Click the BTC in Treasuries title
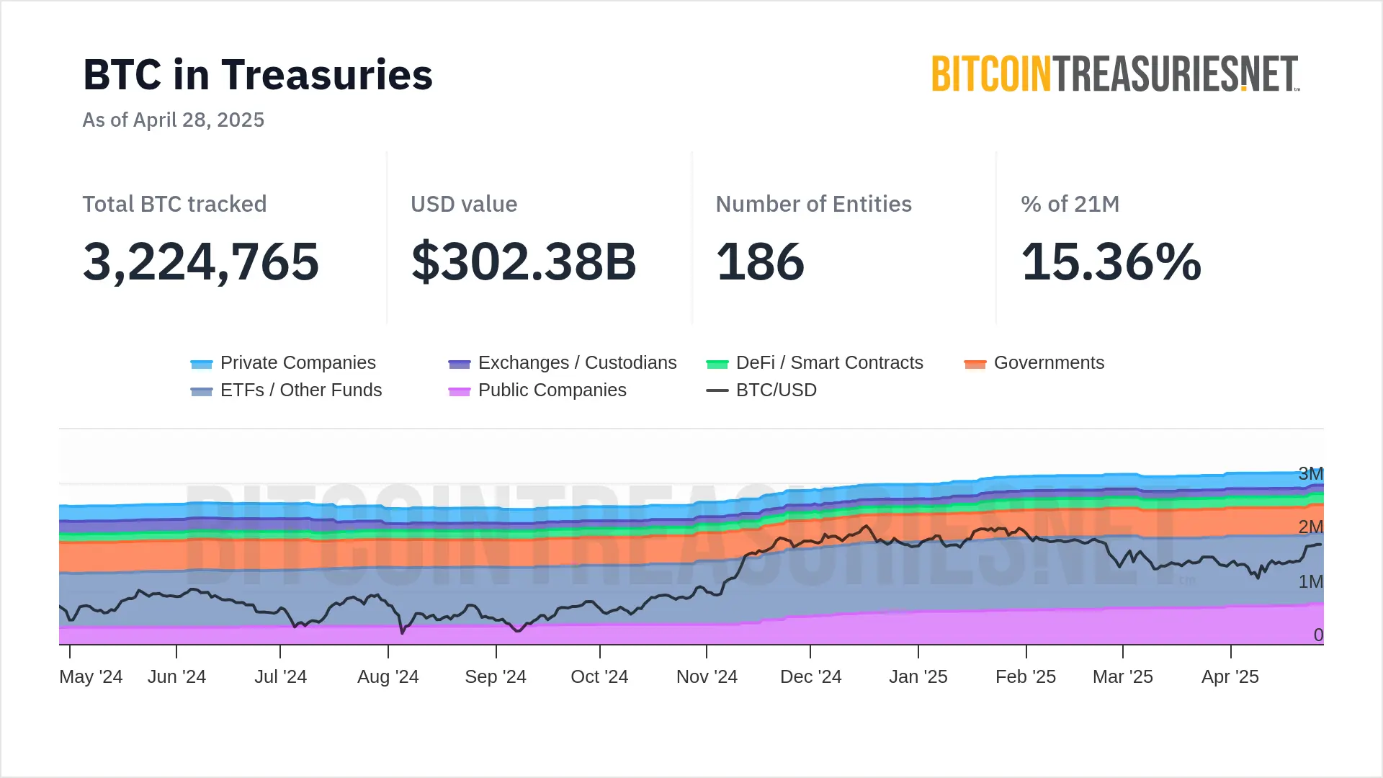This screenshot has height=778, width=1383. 258,75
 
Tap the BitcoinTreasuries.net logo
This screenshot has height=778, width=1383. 1115,74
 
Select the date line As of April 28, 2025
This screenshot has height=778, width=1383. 174,120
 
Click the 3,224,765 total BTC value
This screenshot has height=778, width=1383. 201,261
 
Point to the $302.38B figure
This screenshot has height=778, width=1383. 524,261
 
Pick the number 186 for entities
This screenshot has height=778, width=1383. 760,261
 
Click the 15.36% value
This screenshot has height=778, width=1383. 1111,261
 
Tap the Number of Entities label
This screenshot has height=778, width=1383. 813,205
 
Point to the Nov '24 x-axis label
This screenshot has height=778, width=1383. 707,677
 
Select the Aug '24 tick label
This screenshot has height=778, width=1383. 388,677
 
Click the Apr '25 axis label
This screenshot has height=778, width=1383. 1230,677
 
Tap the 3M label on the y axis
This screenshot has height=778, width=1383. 1310,474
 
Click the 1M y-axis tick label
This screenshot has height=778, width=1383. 1310,581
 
